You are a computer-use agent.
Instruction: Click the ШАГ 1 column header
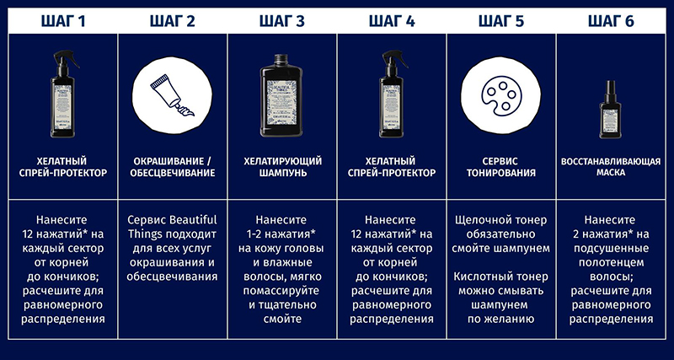point(63,21)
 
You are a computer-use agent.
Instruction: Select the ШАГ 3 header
point(282,21)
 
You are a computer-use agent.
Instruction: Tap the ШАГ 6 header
point(611,21)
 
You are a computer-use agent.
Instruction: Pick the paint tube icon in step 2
point(172,95)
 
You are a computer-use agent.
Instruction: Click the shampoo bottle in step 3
point(281,95)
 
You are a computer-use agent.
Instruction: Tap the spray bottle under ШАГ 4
point(392,94)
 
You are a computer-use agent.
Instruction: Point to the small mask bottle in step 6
point(610,110)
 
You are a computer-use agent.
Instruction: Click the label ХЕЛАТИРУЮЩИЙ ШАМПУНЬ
point(282,167)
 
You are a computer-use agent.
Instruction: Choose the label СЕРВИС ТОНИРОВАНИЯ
point(501,167)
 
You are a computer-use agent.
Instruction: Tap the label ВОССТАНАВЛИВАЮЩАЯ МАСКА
point(611,167)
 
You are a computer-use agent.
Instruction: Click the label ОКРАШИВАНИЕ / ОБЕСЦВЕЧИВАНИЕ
point(173,167)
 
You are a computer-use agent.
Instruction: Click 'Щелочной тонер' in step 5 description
point(501,220)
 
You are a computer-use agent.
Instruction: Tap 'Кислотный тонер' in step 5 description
point(501,277)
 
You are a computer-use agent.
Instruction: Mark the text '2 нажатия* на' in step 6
point(611,234)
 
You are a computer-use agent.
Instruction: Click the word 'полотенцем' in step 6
point(611,262)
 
